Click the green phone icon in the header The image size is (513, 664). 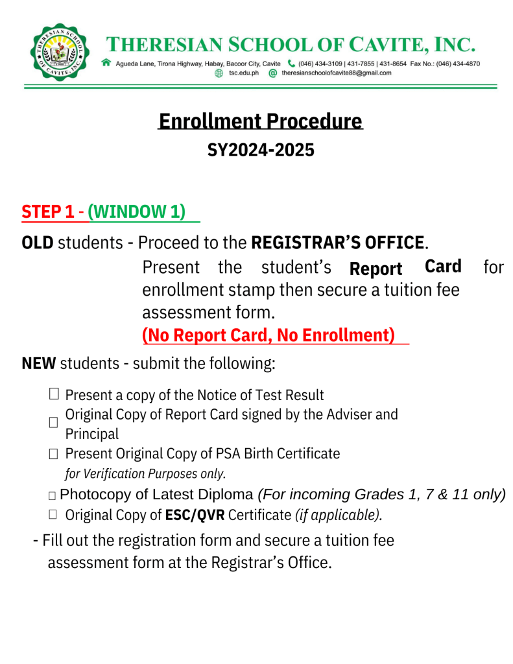point(291,64)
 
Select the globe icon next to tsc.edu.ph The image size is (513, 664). point(219,73)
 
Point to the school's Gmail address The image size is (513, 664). point(336,73)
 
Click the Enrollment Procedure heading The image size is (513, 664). point(260,121)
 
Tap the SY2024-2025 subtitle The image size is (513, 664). point(260,150)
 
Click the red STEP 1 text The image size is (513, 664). point(47,212)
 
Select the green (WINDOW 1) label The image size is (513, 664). point(137,212)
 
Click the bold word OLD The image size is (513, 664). point(38,243)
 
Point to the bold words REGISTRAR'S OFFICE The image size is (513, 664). point(337,243)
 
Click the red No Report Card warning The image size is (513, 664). point(268,335)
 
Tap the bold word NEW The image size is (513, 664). point(39,363)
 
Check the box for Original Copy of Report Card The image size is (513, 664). point(54,422)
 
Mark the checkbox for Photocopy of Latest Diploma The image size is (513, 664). point(53,496)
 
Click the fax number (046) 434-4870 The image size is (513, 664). point(458,64)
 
